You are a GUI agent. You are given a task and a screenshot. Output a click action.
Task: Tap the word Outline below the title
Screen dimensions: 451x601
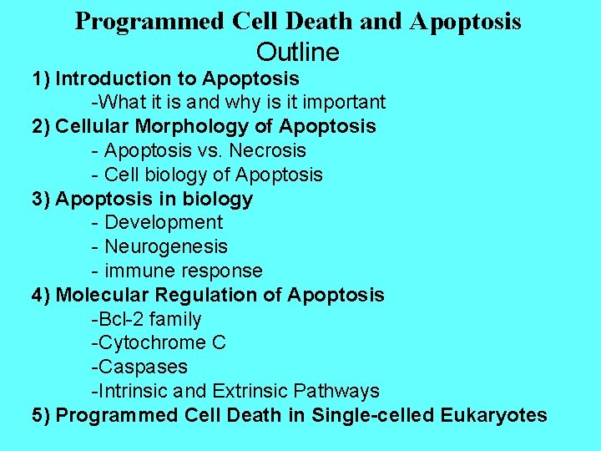298,53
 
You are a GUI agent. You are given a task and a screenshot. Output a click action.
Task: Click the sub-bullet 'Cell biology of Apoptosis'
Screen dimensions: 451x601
206,175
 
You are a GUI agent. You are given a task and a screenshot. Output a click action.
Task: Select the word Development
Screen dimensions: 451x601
164,223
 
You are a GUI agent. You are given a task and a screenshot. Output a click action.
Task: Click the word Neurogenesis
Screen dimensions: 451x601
166,247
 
